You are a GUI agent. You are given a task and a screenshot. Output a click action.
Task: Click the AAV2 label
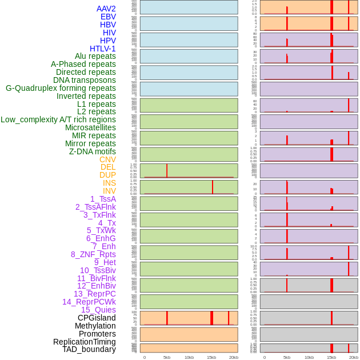pyautogui.click(x=106, y=9)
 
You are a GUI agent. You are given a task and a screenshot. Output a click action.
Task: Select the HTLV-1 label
pyautogui.click(x=103, y=49)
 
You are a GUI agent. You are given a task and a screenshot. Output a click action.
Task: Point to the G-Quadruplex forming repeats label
pyautogui.click(x=61, y=88)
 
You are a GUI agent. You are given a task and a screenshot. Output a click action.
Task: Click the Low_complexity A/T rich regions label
pyautogui.click(x=58, y=119)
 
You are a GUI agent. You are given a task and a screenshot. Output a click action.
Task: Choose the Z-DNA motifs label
pyautogui.click(x=93, y=151)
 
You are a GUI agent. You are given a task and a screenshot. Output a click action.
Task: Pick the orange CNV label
pyautogui.click(x=107, y=159)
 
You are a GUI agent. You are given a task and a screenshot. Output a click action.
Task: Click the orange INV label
pyautogui.click(x=109, y=191)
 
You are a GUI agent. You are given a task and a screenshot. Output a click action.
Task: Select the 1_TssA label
pyautogui.click(x=103, y=199)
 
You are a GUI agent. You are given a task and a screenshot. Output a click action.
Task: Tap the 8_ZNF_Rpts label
pyautogui.click(x=93, y=254)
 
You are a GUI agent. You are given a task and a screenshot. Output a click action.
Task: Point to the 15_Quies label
pyautogui.click(x=98, y=310)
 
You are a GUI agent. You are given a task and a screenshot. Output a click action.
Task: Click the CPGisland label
pyautogui.click(x=97, y=318)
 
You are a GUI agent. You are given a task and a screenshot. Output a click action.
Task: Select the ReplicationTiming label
pyautogui.click(x=85, y=342)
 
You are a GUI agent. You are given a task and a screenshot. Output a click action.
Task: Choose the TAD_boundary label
pyautogui.click(x=89, y=349)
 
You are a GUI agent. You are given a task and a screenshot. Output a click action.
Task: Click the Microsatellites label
pyautogui.click(x=90, y=127)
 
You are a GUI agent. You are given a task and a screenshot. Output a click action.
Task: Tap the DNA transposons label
pyautogui.click(x=85, y=80)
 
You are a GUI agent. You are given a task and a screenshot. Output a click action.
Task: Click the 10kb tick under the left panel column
pyautogui.click(x=189, y=357)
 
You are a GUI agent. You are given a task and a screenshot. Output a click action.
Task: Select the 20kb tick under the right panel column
pyautogui.click(x=354, y=357)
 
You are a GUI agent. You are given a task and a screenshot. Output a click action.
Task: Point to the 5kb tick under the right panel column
pyautogui.click(x=287, y=357)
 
